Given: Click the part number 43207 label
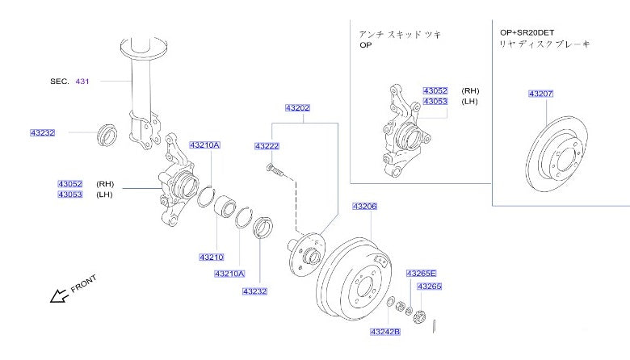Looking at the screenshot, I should [x=540, y=94].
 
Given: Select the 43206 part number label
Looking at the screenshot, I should [x=364, y=207].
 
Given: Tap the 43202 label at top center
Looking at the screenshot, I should [x=296, y=107].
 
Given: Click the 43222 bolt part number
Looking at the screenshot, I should [x=267, y=146].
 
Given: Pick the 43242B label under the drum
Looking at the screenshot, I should [x=385, y=332].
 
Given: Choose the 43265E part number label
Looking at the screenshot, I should [x=421, y=274].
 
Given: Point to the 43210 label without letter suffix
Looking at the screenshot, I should [x=211, y=257].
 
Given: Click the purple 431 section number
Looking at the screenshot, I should [x=84, y=82].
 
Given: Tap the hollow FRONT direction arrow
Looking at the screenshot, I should [x=60, y=296].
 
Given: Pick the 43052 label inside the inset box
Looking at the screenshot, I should [x=435, y=91].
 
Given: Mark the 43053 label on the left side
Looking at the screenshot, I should [x=70, y=195].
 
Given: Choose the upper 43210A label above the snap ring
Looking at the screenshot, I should [x=204, y=145].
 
